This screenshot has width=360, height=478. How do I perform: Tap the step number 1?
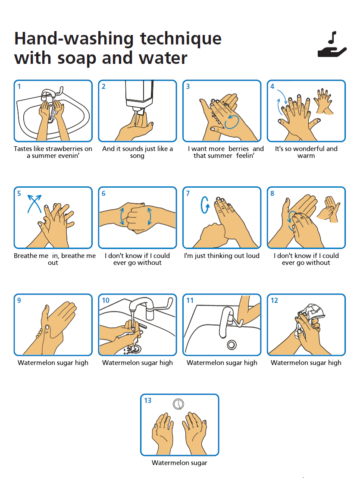tap(19, 86)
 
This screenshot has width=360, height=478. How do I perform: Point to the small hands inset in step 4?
tap(323, 101)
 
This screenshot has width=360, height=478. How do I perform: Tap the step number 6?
tap(103, 193)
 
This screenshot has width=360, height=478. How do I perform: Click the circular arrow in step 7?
tap(204, 205)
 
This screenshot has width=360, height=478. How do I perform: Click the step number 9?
tap(19, 300)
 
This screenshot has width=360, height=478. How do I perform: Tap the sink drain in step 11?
tap(232, 344)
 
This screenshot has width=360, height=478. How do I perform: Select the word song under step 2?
tap(137, 156)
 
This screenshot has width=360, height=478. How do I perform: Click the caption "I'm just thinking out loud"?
tap(222, 256)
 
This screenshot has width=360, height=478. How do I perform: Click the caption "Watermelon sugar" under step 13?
tap(179, 463)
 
